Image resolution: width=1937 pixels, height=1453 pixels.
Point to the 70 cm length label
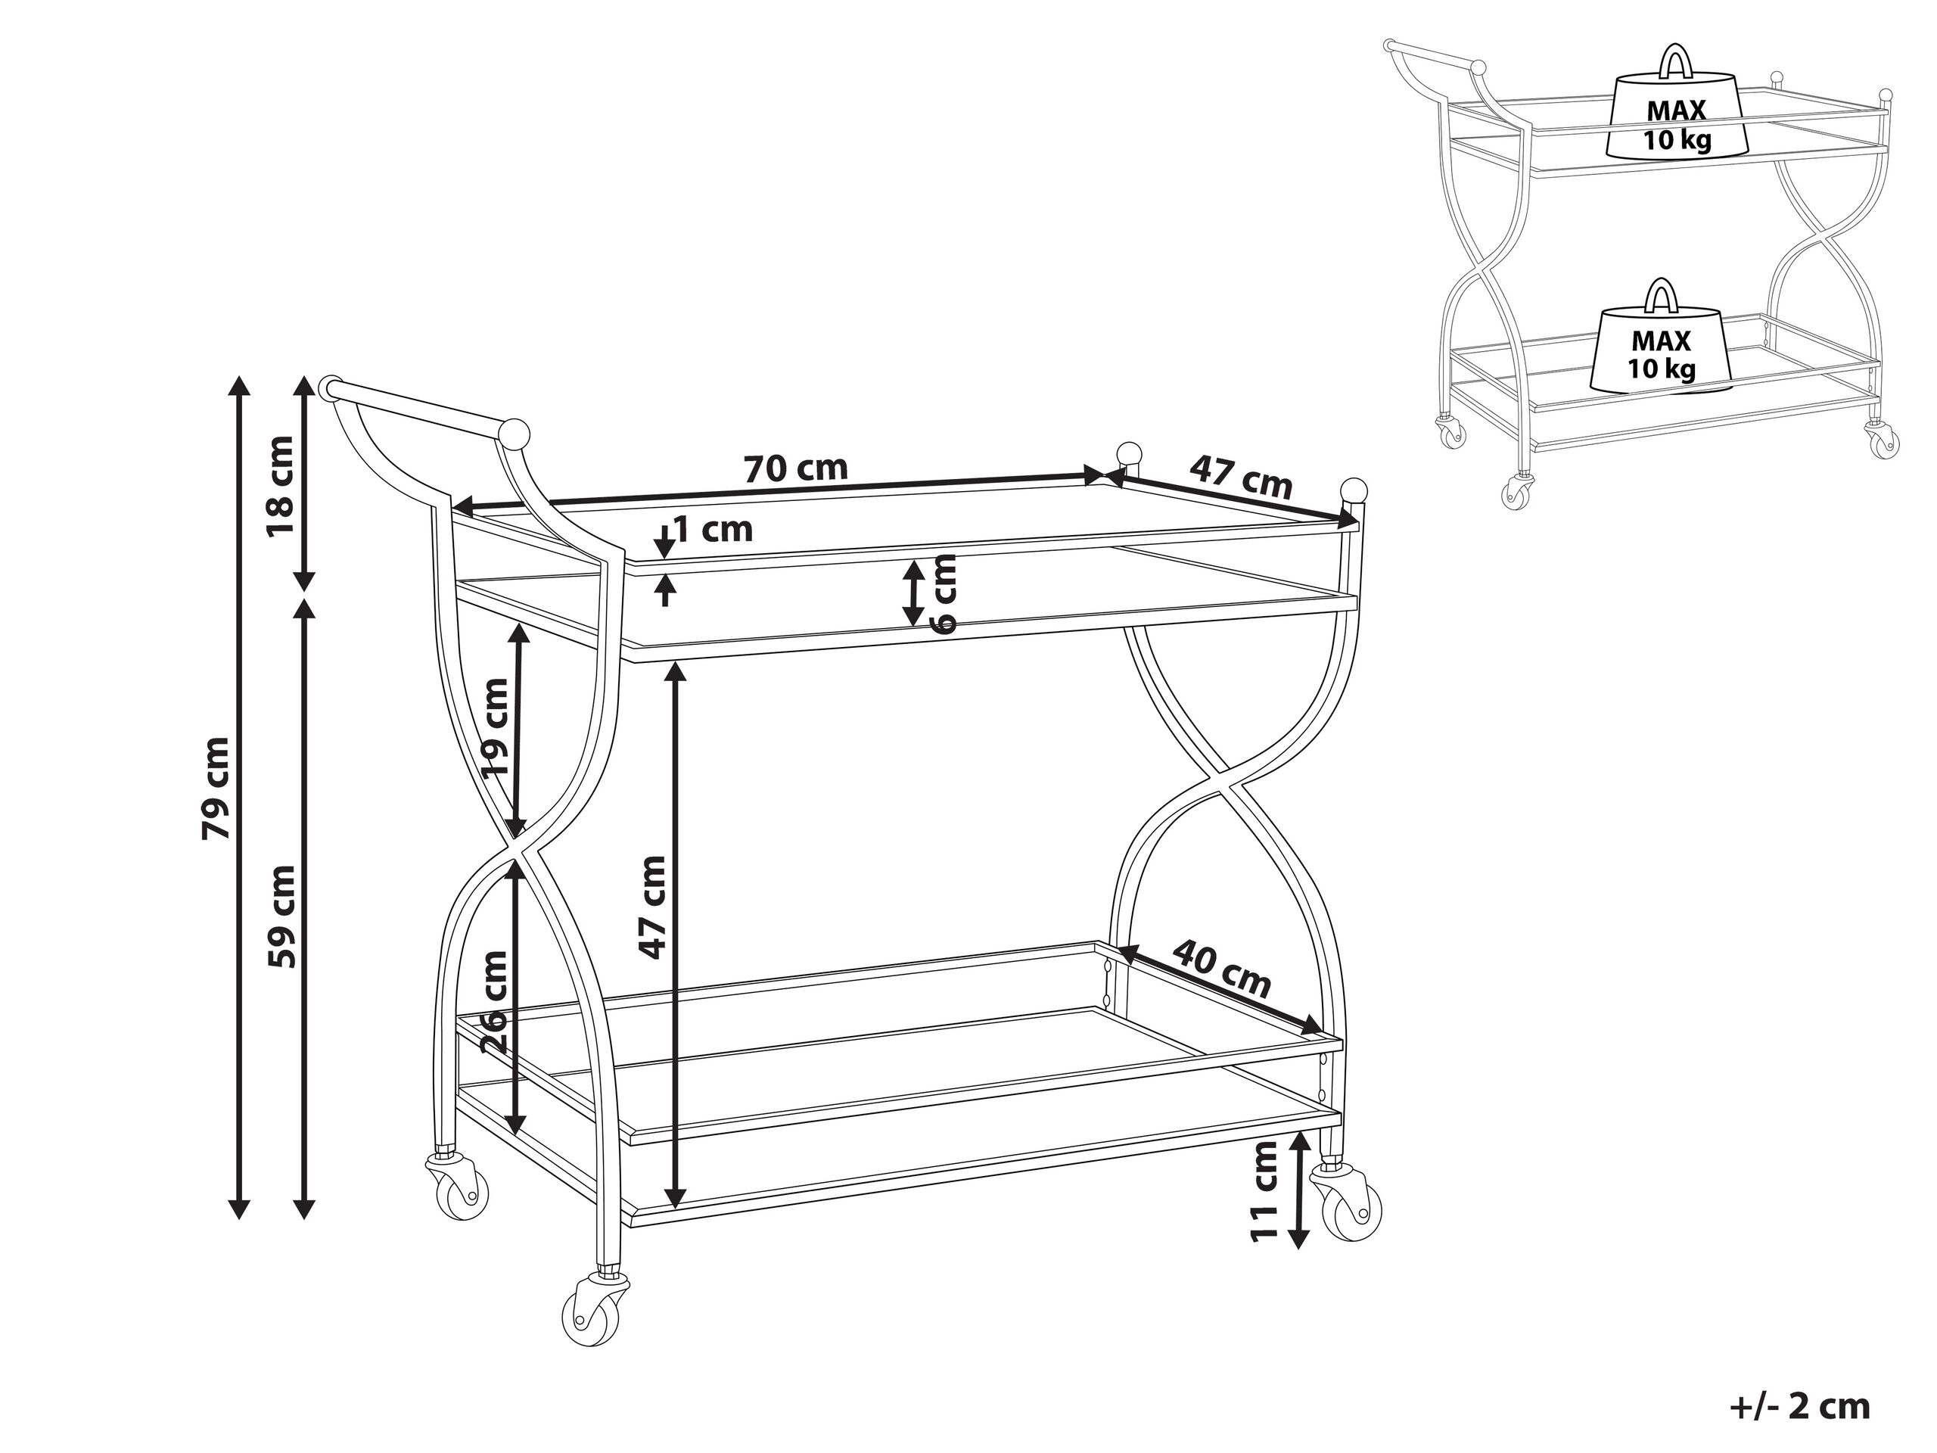click(x=796, y=468)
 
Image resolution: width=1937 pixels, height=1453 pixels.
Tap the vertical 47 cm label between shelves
click(x=652, y=907)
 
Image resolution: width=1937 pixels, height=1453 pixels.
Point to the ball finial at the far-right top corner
click(x=1354, y=490)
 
